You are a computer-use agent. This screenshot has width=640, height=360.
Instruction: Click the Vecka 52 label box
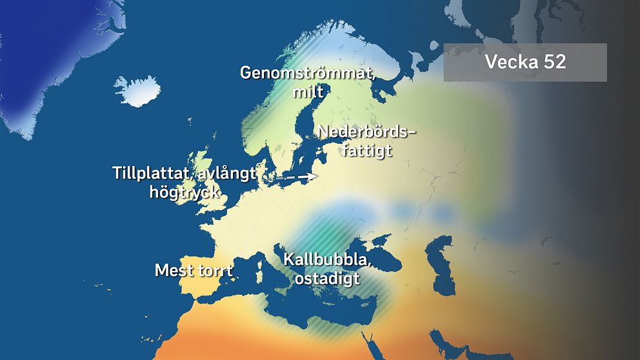click(x=525, y=63)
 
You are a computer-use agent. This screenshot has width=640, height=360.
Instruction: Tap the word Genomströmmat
click(x=307, y=73)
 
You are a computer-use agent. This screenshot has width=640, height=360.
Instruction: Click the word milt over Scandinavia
click(x=307, y=92)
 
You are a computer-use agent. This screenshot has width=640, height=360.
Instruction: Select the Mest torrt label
click(x=193, y=270)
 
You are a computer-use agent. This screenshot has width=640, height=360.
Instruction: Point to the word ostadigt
click(x=326, y=279)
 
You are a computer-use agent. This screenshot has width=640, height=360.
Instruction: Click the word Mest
click(x=174, y=270)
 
